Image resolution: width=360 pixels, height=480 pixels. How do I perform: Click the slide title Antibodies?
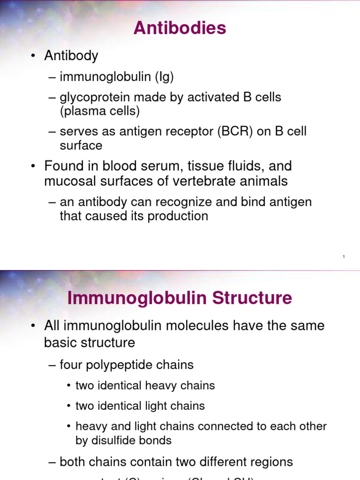[x=180, y=28]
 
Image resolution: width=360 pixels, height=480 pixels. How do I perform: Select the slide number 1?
[x=344, y=257]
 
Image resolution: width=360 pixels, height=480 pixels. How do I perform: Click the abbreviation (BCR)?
[x=235, y=131]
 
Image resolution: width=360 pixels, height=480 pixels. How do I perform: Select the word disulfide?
[x=114, y=441]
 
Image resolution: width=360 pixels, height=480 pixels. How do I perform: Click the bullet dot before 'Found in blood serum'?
[x=33, y=166]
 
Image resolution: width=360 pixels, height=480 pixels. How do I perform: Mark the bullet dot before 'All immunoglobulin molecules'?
[x=33, y=326]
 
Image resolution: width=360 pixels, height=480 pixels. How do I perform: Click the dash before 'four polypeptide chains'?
[x=52, y=365]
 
